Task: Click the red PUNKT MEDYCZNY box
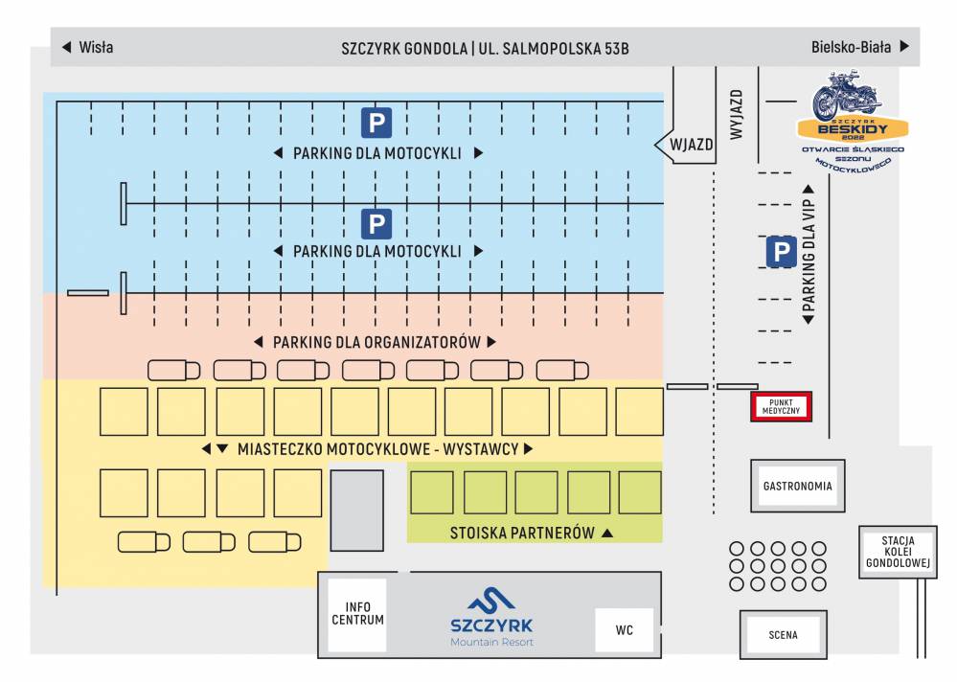tap(780, 406)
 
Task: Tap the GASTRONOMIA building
tap(797, 486)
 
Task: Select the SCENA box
tap(782, 634)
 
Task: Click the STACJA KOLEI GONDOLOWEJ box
tap(897, 552)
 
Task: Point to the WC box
tap(624, 630)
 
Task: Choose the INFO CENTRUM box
tap(357, 613)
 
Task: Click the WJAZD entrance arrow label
tap(688, 145)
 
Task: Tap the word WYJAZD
tap(737, 116)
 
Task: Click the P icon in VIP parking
tap(781, 252)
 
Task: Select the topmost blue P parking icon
tap(376, 123)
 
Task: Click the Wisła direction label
tap(87, 47)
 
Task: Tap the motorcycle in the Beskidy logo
tap(846, 97)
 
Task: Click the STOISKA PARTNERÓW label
tap(522, 533)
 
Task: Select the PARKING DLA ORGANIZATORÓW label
tap(376, 342)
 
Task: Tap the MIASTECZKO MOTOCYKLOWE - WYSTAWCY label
tap(377, 448)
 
